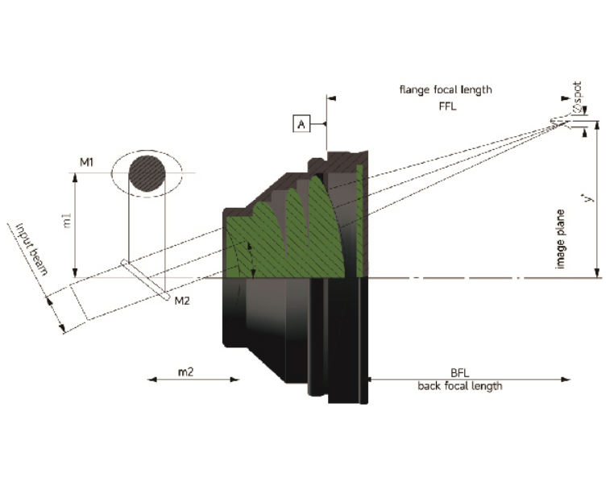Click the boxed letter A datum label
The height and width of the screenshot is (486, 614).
[x=301, y=124]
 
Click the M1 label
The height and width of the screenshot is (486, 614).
[x=86, y=162]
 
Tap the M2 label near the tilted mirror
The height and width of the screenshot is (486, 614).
[x=182, y=301]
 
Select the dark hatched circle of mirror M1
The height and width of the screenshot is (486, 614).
[x=147, y=173]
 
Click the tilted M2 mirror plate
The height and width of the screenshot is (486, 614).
[x=145, y=280]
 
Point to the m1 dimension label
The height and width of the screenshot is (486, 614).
[x=67, y=221]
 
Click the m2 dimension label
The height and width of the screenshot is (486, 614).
[x=185, y=372]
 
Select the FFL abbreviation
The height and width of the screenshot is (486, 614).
[x=447, y=106]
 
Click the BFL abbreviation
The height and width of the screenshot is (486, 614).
[x=460, y=373]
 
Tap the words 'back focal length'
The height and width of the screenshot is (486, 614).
[x=460, y=386]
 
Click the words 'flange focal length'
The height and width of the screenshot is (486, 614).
[x=446, y=89]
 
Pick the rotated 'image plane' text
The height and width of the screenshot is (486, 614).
[x=560, y=239]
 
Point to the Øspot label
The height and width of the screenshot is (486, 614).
[x=578, y=98]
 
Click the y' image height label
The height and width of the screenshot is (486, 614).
[x=588, y=197]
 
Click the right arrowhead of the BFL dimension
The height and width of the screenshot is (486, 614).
[x=566, y=379]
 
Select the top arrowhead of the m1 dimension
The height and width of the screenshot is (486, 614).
[x=75, y=178]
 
